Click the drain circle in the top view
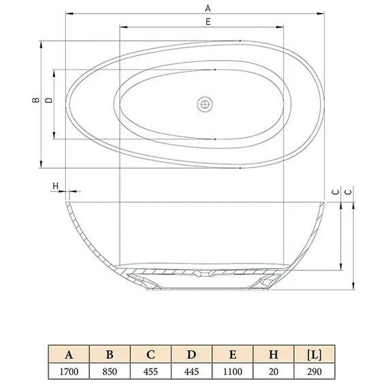coord(205,104)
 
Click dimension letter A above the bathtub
coord(208,8)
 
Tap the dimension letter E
coord(208,22)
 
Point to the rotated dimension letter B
coord(36,99)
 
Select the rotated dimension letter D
coord(49,100)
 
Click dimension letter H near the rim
coord(55,186)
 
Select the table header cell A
coord(69,355)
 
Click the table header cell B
coord(110,355)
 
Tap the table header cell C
coord(150,355)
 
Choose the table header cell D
coord(191,355)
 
